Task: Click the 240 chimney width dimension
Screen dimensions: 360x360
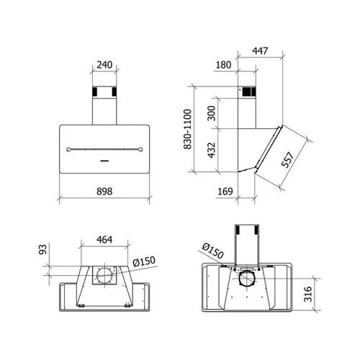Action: [x=104, y=65]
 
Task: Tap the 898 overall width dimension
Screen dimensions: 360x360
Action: [x=104, y=192]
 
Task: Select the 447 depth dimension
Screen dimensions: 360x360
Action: [x=260, y=50]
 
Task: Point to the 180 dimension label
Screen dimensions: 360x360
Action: [x=223, y=65]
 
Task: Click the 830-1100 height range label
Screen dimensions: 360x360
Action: [x=187, y=129]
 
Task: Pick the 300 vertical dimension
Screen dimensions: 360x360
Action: [x=212, y=113]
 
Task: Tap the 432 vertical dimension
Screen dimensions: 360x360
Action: [x=212, y=150]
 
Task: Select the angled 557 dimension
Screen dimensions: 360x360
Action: [x=287, y=160]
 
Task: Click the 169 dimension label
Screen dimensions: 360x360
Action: [x=225, y=192]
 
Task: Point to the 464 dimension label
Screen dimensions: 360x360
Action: [x=104, y=240]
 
